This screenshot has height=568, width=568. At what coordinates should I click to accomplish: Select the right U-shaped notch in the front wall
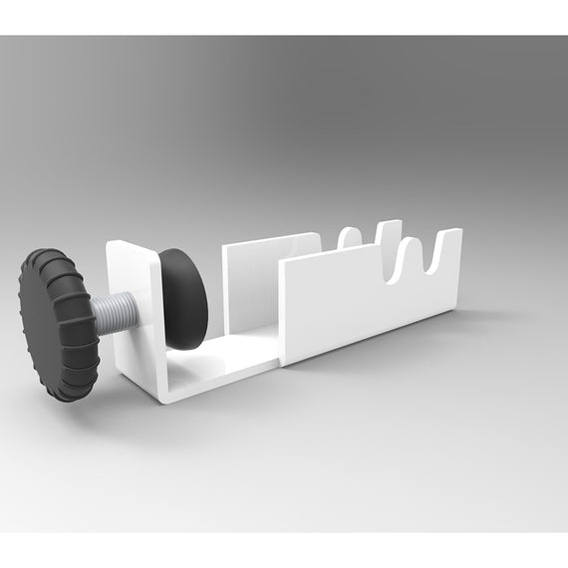point(434,262)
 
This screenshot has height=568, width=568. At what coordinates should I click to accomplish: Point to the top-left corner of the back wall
point(224,245)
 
